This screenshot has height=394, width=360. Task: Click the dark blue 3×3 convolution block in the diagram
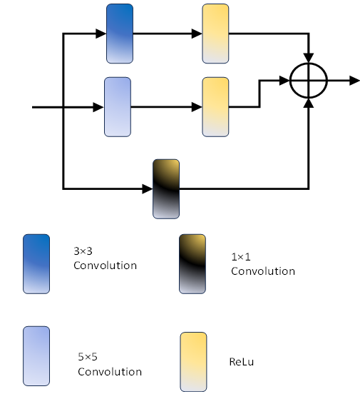pos(120,34)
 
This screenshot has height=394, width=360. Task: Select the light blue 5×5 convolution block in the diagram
pos(118,107)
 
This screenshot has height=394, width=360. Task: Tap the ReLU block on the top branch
pos(215,34)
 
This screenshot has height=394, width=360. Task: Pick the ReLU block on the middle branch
pos(215,107)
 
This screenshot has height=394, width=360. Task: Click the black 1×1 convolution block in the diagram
pos(166,189)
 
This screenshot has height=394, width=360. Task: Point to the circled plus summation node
pos(309,81)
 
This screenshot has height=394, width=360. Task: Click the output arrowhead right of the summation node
pos(355,81)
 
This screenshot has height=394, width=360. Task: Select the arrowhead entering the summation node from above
pos(309,58)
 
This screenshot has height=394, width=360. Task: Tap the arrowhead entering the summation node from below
pos(309,103)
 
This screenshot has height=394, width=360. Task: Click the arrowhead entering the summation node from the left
pos(284,81)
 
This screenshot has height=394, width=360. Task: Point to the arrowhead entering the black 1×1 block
pos(148,189)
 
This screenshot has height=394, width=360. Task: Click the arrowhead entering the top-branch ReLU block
pos(197,34)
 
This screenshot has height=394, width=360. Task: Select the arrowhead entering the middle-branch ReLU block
pos(197,107)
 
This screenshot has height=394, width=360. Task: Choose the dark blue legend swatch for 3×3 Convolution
pos(36,264)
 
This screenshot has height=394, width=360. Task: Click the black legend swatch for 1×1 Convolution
pos(192,264)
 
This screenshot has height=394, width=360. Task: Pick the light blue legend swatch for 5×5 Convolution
pos(36,356)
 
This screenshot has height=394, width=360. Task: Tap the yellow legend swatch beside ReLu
pos(193,362)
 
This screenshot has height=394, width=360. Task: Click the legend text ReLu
pos(242,362)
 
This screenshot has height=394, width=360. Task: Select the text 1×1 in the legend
pos(241,257)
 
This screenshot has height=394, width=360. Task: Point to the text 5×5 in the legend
pos(88,357)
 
